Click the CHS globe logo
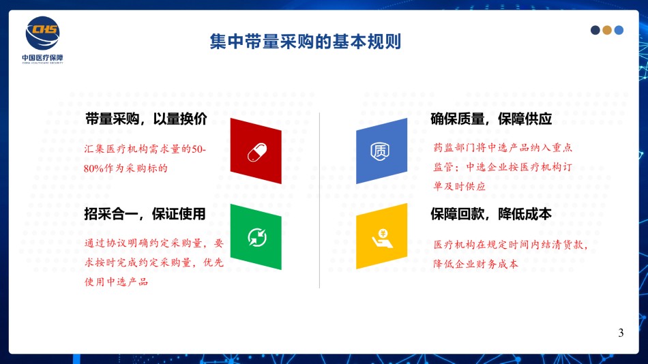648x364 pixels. [42, 33]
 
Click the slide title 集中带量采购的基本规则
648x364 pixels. [306, 42]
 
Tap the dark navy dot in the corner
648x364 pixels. [595, 30]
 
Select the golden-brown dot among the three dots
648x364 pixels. [607, 30]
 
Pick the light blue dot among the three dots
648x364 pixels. [619, 30]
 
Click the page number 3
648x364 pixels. [621, 333]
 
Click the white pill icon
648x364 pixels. [257, 153]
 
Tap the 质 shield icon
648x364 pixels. [380, 151]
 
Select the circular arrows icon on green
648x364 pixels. [257, 238]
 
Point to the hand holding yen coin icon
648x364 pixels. [382, 239]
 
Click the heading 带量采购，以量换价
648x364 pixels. [146, 119]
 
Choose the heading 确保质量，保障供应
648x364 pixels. [491, 119]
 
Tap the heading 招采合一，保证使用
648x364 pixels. [145, 214]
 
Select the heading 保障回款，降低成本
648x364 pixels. [491, 214]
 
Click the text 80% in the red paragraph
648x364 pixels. [93, 168]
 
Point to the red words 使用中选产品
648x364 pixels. [116, 282]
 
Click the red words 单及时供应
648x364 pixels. [460, 186]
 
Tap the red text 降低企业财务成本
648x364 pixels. [475, 264]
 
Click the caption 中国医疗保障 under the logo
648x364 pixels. [42, 58]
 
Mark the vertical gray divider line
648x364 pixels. [319, 200]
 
